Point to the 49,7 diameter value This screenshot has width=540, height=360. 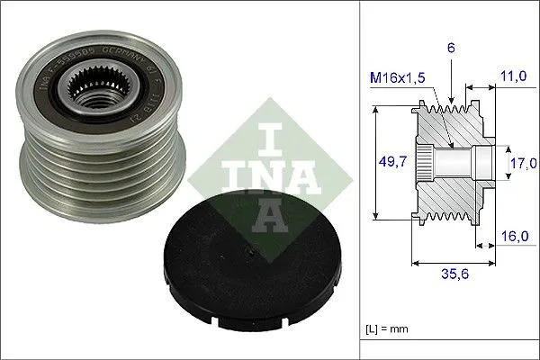coord(388,164)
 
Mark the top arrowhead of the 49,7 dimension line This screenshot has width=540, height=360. coord(373,111)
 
